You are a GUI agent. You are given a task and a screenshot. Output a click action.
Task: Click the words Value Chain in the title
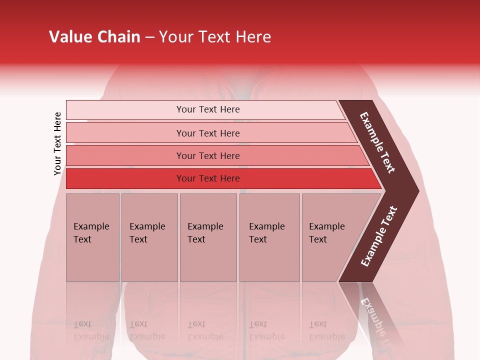(x=94, y=37)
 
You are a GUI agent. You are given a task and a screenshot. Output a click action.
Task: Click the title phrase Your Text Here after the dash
(x=215, y=37)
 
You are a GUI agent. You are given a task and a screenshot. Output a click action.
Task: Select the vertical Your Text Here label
(x=57, y=143)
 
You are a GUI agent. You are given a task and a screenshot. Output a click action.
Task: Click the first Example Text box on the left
(x=92, y=237)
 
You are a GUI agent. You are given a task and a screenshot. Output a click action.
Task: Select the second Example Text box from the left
(x=149, y=237)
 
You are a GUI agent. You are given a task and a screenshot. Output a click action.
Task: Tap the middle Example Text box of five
(x=208, y=237)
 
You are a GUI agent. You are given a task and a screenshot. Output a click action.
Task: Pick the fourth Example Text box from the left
(x=269, y=237)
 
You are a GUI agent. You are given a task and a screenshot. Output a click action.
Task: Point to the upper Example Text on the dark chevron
(x=377, y=142)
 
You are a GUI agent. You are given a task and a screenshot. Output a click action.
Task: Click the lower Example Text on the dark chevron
(x=379, y=236)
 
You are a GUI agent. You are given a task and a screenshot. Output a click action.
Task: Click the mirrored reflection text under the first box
(x=91, y=330)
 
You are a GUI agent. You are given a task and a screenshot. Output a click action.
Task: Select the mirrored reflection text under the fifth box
(x=327, y=330)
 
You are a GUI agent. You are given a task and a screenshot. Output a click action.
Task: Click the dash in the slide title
(x=149, y=37)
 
